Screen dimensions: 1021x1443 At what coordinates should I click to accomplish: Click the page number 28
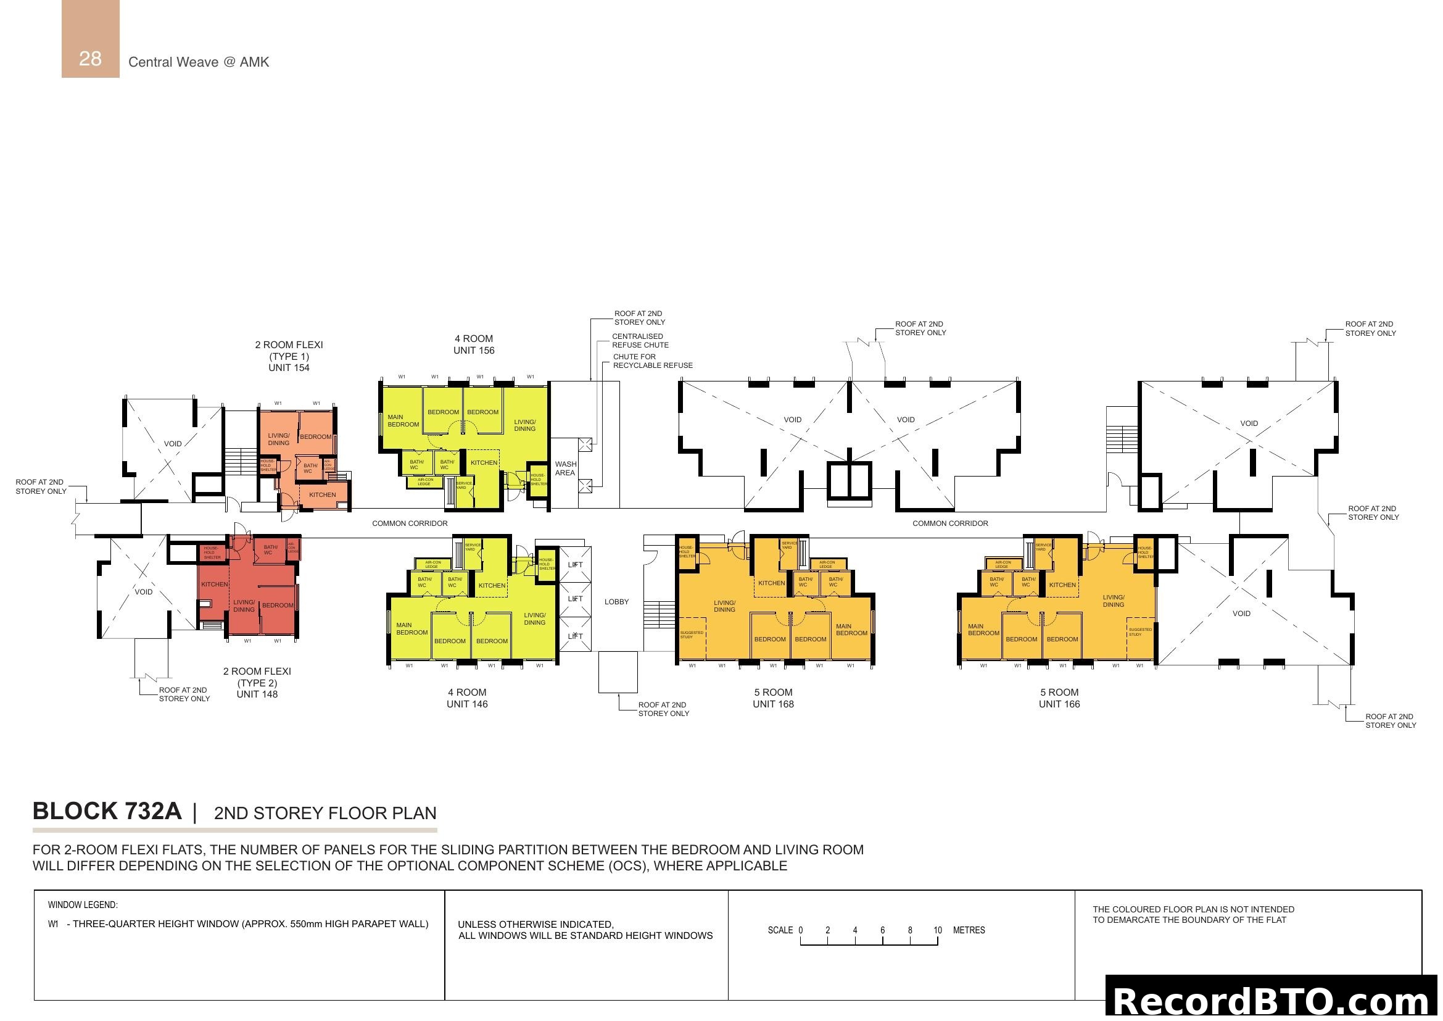pyautogui.click(x=90, y=59)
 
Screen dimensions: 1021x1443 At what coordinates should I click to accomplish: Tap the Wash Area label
pyautogui.click(x=565, y=469)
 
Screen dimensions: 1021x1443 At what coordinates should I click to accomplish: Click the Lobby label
pyautogui.click(x=616, y=602)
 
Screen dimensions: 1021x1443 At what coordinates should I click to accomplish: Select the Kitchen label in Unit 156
pyautogui.click(x=484, y=463)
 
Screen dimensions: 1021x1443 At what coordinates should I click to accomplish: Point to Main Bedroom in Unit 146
pyautogui.click(x=411, y=628)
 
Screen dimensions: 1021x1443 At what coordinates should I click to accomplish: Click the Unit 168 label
pyautogui.click(x=773, y=704)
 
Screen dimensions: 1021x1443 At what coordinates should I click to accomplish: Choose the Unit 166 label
pyautogui.click(x=1059, y=704)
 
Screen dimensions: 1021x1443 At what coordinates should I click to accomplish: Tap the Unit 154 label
pyautogui.click(x=289, y=368)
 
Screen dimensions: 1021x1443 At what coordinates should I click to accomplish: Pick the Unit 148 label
pyautogui.click(x=257, y=694)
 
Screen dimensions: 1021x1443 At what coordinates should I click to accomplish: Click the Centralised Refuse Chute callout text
pyautogui.click(x=640, y=341)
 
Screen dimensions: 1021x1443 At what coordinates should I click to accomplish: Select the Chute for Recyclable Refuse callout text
pyautogui.click(x=652, y=361)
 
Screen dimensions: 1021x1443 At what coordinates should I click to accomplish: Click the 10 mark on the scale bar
pyautogui.click(x=937, y=930)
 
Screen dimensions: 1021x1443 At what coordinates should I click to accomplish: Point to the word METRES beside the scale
pyautogui.click(x=969, y=930)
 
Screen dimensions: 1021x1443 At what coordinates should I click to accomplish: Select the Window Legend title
pyautogui.click(x=82, y=906)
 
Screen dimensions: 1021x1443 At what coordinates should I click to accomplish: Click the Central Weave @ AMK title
pyautogui.click(x=199, y=62)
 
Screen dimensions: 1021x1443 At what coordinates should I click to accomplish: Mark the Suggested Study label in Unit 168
pyautogui.click(x=692, y=635)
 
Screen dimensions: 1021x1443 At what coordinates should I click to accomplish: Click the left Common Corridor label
pyautogui.click(x=410, y=523)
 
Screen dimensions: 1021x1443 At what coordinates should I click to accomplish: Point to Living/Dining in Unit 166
pyautogui.click(x=1113, y=601)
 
